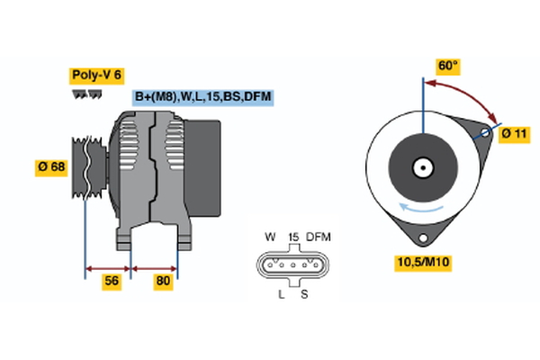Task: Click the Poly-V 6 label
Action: (x=95, y=75)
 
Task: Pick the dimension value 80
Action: (x=164, y=281)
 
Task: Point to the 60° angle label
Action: (x=447, y=66)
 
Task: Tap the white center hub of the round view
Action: (x=420, y=167)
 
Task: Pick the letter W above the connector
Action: (x=270, y=237)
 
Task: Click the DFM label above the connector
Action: (x=318, y=237)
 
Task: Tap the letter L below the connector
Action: (x=281, y=293)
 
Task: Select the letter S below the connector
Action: (x=304, y=293)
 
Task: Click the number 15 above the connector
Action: (x=292, y=237)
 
